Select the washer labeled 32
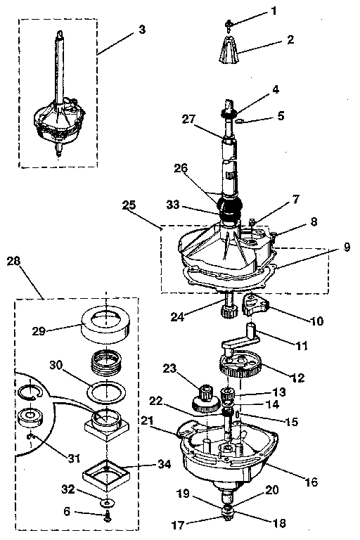click(107, 503)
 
